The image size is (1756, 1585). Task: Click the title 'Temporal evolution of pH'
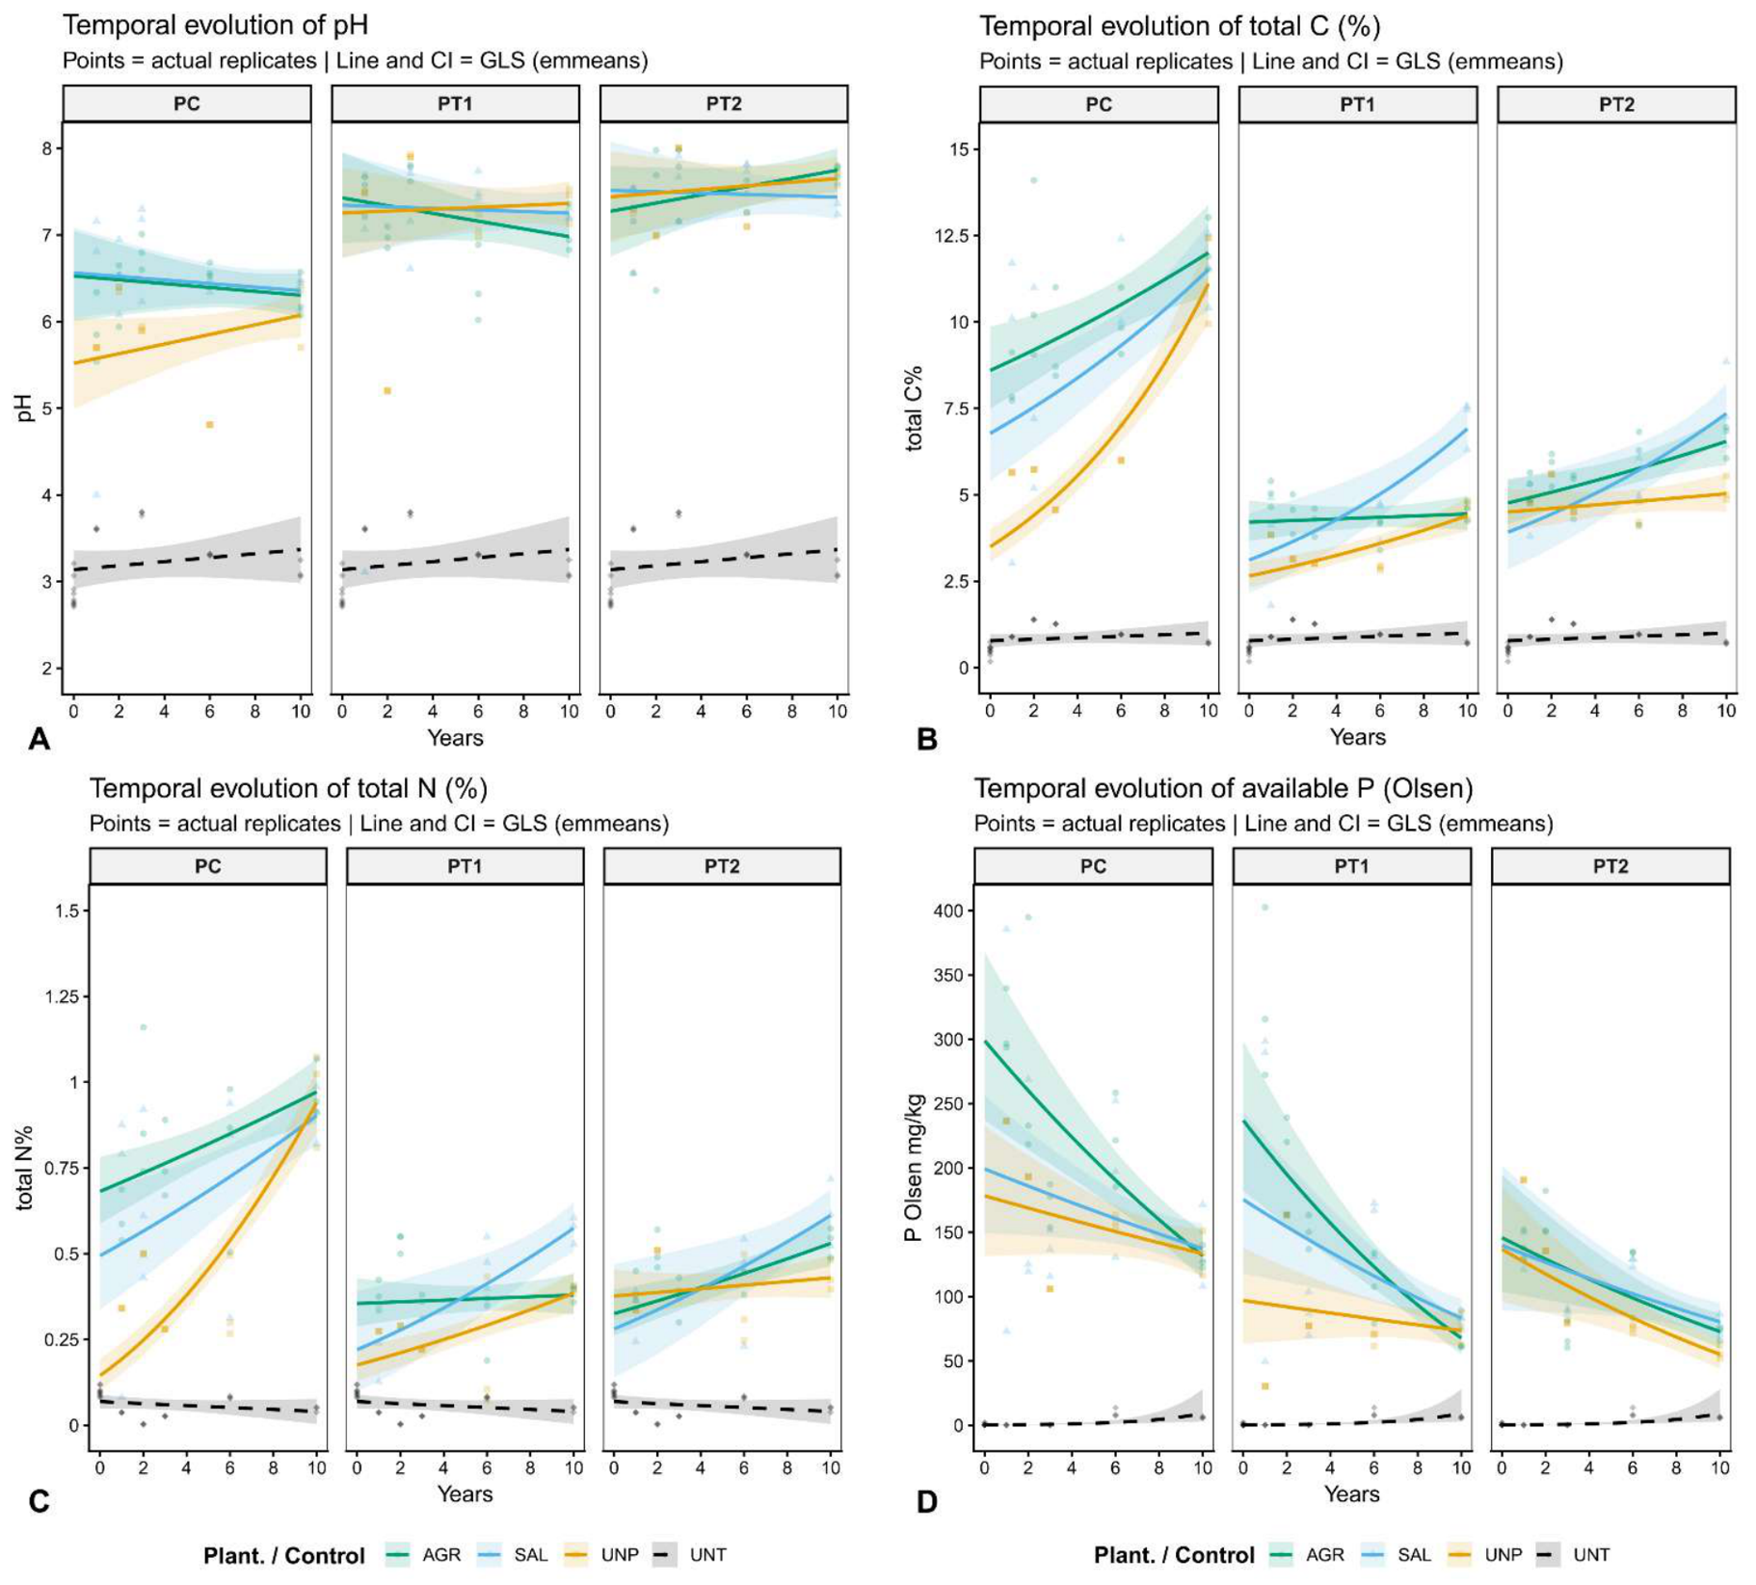coord(215,24)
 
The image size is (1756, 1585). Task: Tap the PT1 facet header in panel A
coord(455,104)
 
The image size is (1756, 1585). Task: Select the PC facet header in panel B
coord(1098,104)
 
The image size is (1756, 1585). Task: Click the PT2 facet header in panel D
coord(1610,866)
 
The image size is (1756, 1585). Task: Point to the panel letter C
coord(40,1502)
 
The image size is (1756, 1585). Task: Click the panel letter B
coord(926,739)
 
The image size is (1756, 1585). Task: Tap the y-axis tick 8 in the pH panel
coord(46,148)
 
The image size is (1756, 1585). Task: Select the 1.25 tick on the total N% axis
coord(63,996)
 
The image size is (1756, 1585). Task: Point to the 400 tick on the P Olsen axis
coord(951,911)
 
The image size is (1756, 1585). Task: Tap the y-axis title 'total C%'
coord(913,409)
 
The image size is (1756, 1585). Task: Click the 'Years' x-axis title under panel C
coord(465,1493)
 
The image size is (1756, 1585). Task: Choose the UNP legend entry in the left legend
coord(601,1554)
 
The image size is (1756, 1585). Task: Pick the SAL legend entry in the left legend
coord(512,1554)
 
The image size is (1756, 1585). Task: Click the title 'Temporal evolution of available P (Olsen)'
coord(1223,788)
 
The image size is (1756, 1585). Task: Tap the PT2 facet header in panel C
coord(722,866)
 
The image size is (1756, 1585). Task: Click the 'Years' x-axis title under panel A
coord(455,738)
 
